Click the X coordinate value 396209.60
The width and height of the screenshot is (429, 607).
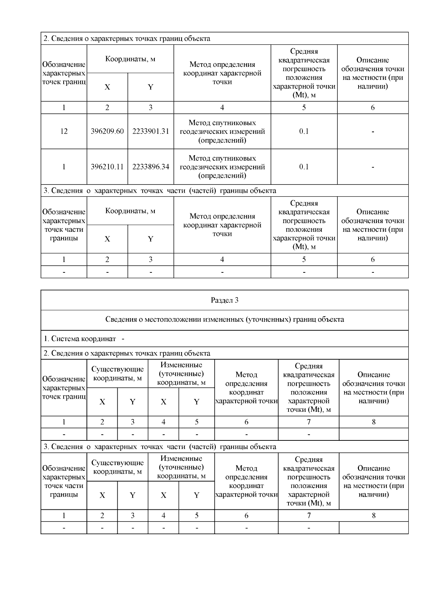click(x=107, y=131)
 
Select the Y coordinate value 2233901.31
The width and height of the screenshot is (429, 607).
click(x=151, y=131)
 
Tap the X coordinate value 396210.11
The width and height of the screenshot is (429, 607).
click(x=107, y=167)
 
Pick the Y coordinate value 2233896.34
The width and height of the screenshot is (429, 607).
click(x=151, y=167)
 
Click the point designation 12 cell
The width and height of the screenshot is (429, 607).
click(x=64, y=131)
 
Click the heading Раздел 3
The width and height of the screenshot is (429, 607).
click(x=225, y=300)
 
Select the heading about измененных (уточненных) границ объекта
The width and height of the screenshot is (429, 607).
click(x=225, y=319)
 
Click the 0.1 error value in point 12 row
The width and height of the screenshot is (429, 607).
click(x=304, y=131)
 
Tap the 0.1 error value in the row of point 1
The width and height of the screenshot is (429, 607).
click(x=304, y=167)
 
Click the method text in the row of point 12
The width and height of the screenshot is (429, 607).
click(x=222, y=131)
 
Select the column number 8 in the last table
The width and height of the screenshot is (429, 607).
click(x=374, y=515)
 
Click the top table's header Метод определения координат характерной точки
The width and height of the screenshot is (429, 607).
click(x=222, y=73)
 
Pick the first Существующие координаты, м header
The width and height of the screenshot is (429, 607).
click(x=117, y=373)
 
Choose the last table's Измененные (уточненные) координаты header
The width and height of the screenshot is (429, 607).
click(x=181, y=467)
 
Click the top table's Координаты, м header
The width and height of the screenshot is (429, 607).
click(x=130, y=59)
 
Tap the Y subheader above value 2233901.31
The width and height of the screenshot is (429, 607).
click(x=151, y=87)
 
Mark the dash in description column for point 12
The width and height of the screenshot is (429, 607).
click(x=373, y=132)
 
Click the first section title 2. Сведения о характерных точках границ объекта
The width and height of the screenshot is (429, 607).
click(x=127, y=39)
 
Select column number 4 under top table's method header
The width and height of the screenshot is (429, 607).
click(x=222, y=108)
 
